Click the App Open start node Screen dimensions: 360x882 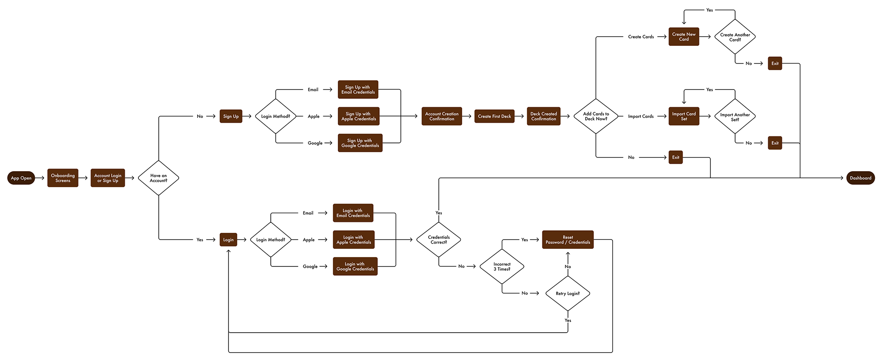(21, 178)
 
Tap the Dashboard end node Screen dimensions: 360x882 (860, 178)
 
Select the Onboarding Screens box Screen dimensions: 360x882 (63, 178)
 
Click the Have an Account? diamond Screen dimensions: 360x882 (158, 178)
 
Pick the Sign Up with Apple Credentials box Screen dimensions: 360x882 (359, 116)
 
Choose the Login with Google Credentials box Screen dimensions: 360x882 (355, 266)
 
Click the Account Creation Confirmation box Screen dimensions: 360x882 (441, 116)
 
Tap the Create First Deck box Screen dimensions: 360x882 (494, 116)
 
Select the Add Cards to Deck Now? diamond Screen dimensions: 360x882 (596, 116)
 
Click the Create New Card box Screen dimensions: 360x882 (684, 37)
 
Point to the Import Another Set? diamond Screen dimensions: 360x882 (735, 117)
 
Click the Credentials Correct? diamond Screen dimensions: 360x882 (439, 240)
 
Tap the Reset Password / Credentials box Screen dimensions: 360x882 (568, 240)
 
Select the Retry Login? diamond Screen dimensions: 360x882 (568, 293)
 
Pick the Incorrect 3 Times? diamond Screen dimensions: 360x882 (502, 266)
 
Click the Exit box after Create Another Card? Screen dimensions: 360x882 (775, 64)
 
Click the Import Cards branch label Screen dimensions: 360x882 (641, 116)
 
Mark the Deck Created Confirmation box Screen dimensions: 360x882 (543, 116)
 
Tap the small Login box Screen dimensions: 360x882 (228, 240)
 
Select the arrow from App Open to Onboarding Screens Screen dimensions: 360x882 (41, 178)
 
